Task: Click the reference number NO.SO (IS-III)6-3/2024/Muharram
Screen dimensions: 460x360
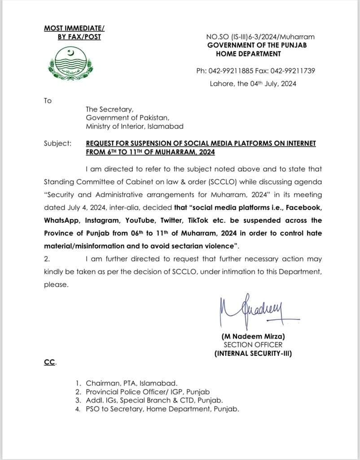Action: tap(260, 37)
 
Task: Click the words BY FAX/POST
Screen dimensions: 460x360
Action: tap(79, 37)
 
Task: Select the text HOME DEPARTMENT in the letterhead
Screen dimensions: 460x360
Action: tap(249, 54)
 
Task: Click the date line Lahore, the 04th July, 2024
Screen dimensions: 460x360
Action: tap(253, 84)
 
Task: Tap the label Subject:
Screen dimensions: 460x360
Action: tap(57, 144)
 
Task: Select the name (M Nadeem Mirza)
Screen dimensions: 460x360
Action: tap(253, 336)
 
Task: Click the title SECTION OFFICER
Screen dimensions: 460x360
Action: tap(253, 345)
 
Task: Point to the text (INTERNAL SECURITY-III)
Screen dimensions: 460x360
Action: tap(253, 354)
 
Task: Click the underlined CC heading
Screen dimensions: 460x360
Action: tap(49, 362)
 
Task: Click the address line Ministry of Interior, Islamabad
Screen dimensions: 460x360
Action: tap(135, 127)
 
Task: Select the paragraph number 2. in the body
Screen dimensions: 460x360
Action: tap(47, 259)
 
